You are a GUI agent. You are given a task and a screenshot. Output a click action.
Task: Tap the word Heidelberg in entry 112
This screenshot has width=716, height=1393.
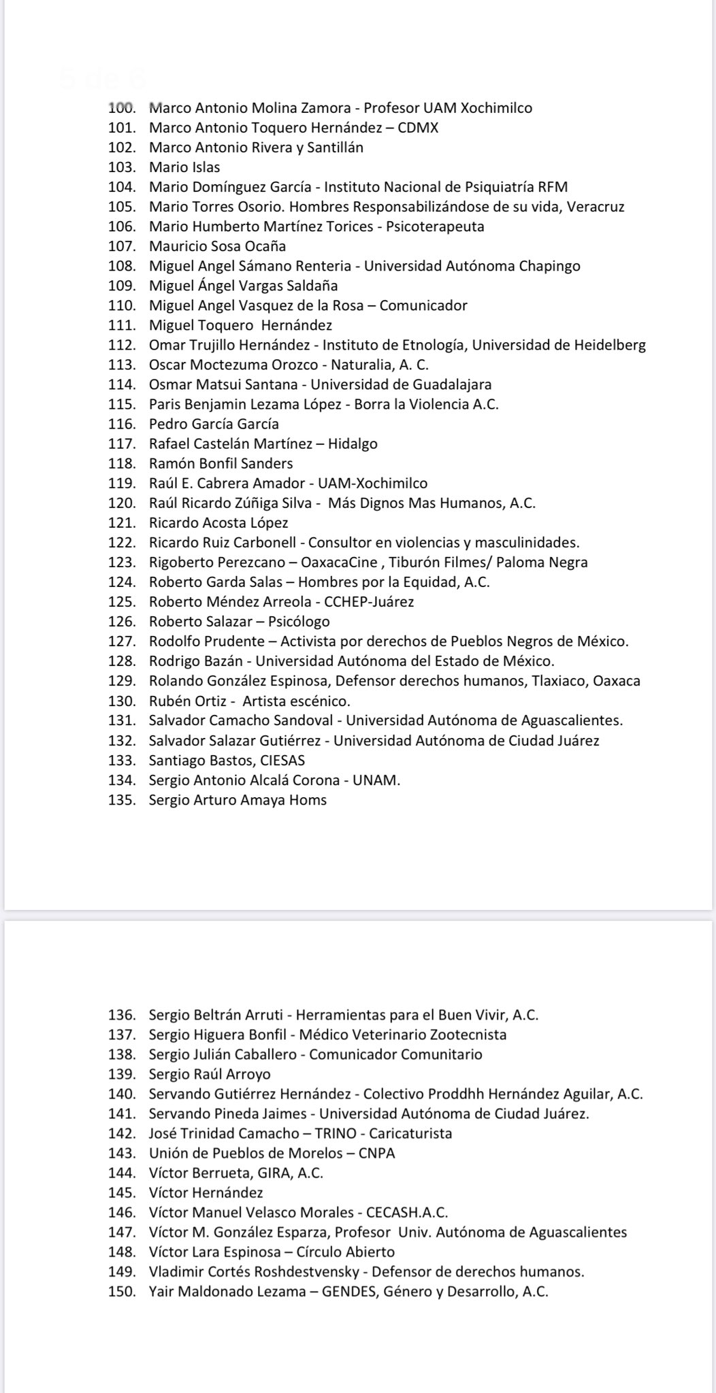tap(610, 345)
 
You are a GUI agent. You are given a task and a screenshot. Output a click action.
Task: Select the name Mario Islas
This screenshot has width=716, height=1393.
tap(184, 167)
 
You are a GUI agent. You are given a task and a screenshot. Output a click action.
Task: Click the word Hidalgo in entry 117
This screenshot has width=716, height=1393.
tap(353, 444)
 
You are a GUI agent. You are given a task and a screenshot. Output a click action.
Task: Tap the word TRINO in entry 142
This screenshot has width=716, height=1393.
tap(340, 1134)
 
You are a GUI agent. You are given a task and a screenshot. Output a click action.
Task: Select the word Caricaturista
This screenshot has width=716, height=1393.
tap(411, 1134)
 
